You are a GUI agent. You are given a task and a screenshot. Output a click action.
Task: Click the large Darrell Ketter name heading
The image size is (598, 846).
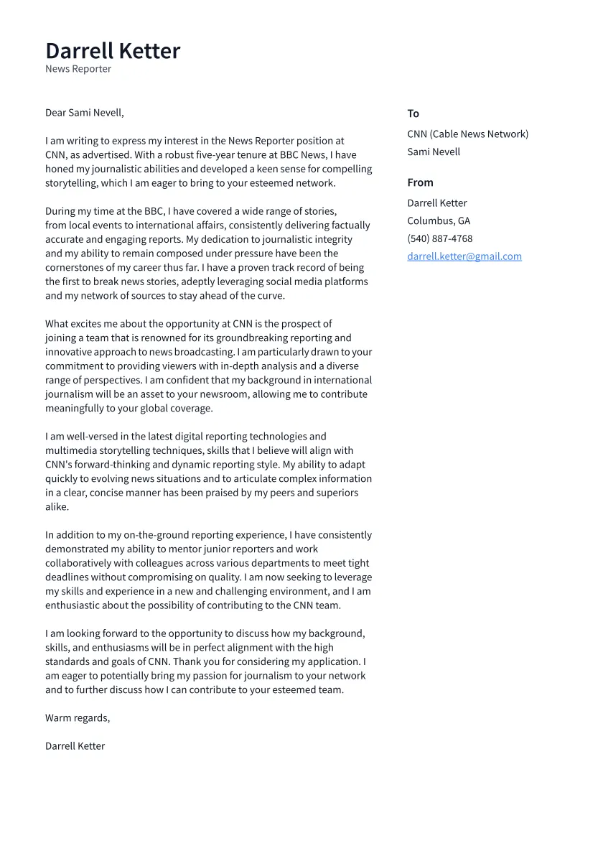pos(113,51)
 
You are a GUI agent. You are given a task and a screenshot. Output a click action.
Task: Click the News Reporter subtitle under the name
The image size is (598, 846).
pos(78,69)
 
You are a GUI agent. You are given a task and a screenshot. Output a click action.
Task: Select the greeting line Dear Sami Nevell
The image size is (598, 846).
pos(85,113)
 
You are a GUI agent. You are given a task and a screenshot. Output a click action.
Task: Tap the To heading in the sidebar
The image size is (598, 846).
pos(413,113)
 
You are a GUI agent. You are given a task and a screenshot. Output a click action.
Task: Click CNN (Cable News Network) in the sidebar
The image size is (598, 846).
pos(467,134)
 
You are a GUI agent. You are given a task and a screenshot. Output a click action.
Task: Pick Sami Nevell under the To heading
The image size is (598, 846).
pos(434,152)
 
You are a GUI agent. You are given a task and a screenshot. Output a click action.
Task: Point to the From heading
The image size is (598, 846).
pos(420,182)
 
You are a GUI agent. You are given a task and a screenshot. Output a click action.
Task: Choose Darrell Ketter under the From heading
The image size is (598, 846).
pos(436,203)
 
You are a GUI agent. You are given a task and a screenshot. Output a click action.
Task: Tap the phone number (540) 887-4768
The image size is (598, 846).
pos(439,238)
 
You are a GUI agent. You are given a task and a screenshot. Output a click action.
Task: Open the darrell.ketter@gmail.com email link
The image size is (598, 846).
pos(464,256)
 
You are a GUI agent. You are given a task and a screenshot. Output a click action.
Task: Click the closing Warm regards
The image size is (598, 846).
pos(78,718)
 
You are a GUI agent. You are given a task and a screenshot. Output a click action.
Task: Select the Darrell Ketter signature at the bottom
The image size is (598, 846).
pos(75,746)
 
